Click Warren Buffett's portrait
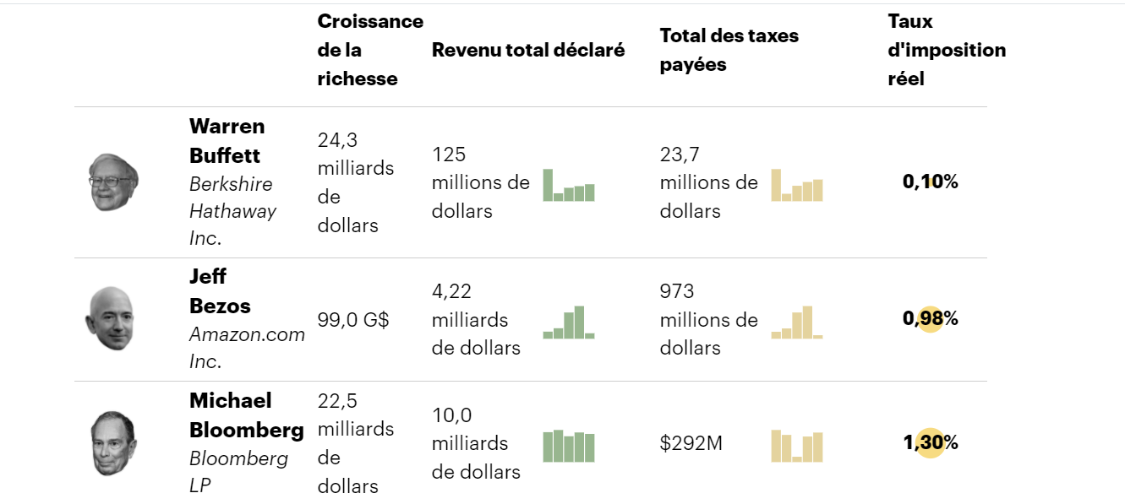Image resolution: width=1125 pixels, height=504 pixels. tap(113, 182)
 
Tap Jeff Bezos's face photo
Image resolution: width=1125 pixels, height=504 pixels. tap(110, 319)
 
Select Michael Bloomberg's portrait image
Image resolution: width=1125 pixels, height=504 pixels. tap(113, 443)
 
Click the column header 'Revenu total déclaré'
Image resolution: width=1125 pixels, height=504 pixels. tap(528, 50)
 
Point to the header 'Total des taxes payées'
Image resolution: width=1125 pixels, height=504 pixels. tap(729, 50)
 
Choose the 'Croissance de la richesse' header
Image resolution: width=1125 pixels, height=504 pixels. tap(370, 50)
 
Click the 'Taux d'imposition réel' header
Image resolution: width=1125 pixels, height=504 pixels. tap(947, 50)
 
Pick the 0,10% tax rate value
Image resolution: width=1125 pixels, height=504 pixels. tap(930, 182)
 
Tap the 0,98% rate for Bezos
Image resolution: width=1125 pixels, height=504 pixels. tap(930, 318)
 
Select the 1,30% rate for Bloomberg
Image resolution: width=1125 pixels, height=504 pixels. tap(930, 442)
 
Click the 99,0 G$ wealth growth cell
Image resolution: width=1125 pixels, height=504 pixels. tap(352, 320)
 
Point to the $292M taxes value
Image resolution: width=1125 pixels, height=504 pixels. tap(691, 443)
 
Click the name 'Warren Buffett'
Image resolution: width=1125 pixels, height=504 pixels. tap(227, 141)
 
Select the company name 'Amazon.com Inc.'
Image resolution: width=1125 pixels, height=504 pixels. tap(247, 347)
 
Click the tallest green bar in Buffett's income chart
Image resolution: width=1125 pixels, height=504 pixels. tap(548, 185)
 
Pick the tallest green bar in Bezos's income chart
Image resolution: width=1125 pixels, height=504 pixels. tap(579, 322)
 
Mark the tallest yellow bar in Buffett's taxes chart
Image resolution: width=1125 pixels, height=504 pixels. tap(776, 185)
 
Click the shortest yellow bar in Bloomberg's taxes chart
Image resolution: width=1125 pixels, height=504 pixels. tap(797, 458)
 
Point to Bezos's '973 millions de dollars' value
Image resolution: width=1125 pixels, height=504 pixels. tap(708, 319)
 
